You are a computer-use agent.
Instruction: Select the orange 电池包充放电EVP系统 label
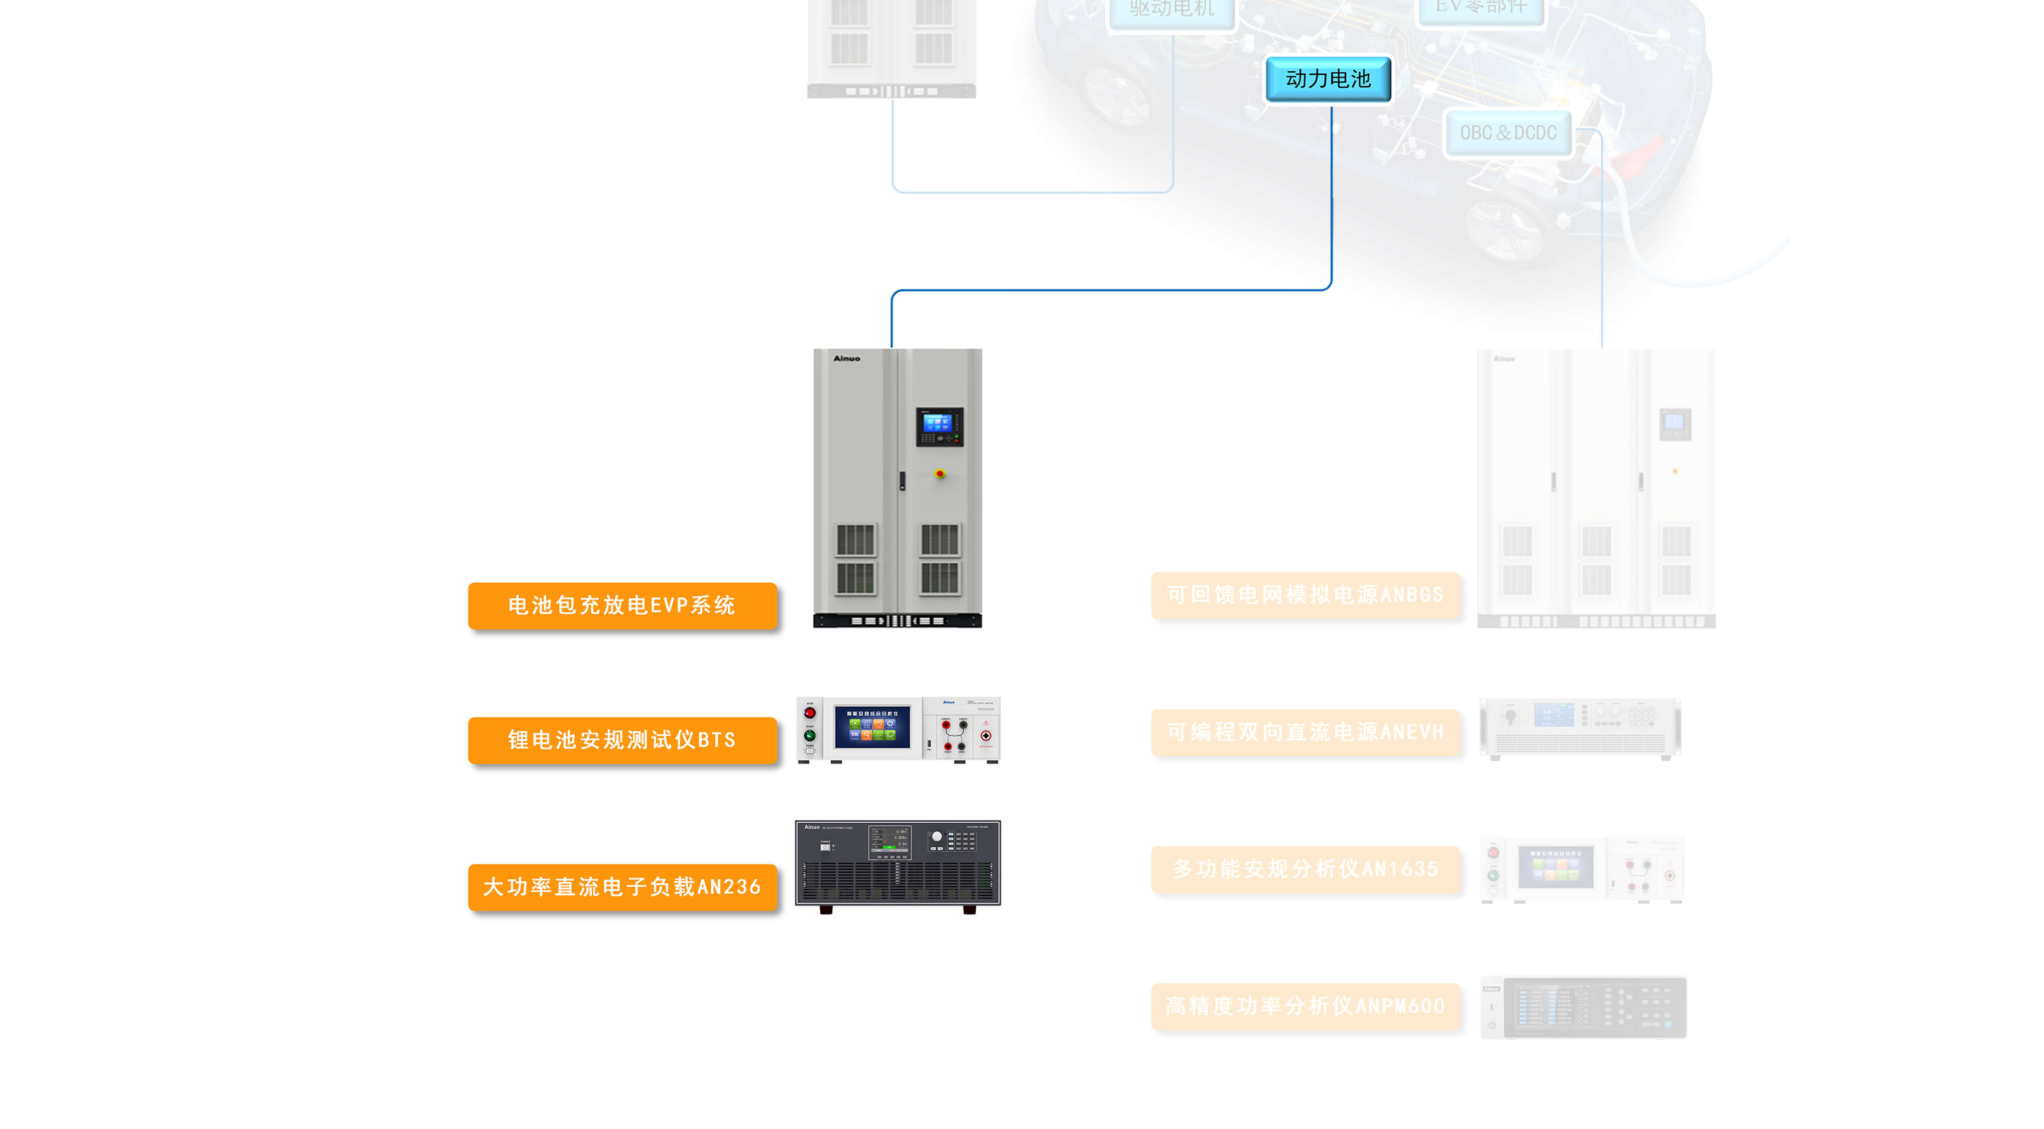pyautogui.click(x=622, y=606)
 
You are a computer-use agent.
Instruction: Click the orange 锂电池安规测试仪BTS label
pyautogui.click(x=622, y=740)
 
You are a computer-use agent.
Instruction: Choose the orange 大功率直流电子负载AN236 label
pyautogui.click(x=622, y=886)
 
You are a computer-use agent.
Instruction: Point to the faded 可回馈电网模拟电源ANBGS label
pyautogui.click(x=1305, y=594)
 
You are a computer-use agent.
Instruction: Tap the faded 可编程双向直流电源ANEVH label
pyautogui.click(x=1305, y=732)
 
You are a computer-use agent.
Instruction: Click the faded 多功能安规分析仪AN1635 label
pyautogui.click(x=1305, y=869)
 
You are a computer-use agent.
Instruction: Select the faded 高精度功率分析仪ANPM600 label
pyautogui.click(x=1305, y=1006)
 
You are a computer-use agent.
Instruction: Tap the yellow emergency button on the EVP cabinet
pyautogui.click(x=940, y=474)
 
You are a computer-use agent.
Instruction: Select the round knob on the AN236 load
pyautogui.click(x=937, y=837)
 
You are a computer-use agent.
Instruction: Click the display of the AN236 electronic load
pyautogui.click(x=890, y=841)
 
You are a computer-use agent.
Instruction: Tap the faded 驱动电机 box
pyautogui.click(x=1172, y=9)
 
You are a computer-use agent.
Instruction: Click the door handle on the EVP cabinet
pyautogui.click(x=902, y=480)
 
